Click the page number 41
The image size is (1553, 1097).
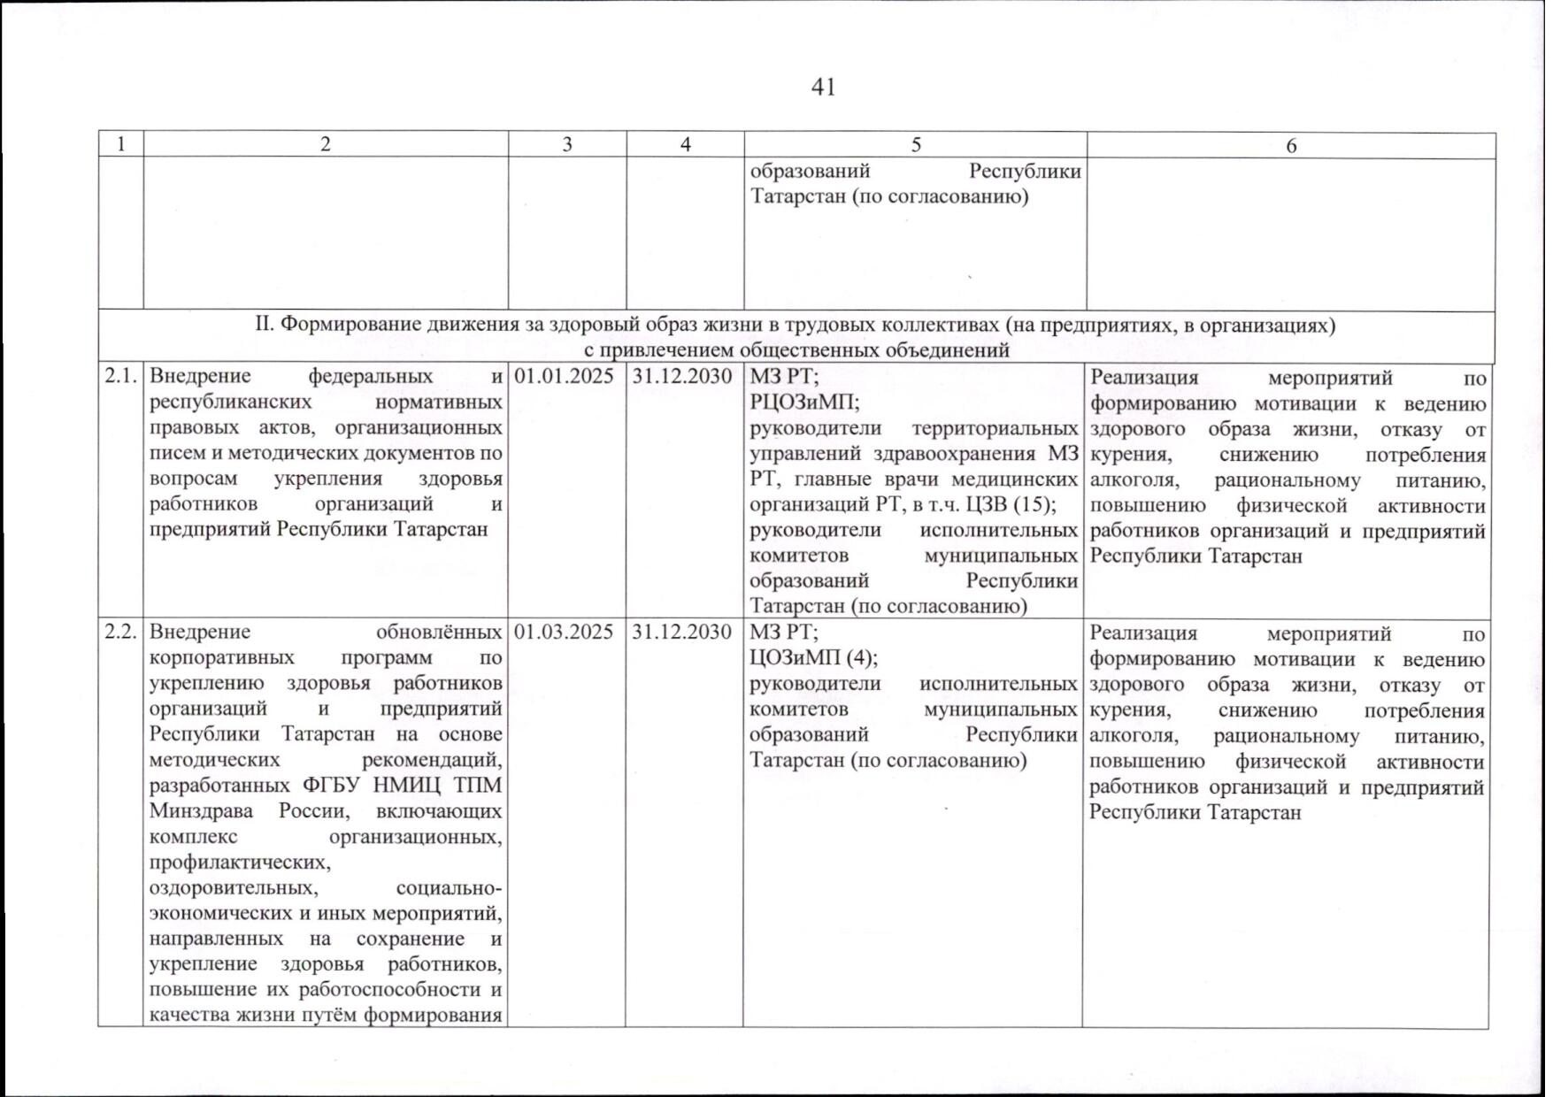coord(823,88)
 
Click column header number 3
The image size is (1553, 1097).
coord(567,145)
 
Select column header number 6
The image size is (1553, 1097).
coord(1291,146)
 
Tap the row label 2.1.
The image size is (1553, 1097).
coord(120,377)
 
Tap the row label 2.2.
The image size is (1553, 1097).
coord(120,633)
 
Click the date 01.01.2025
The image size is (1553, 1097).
coord(565,377)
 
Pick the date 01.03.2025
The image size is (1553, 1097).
coord(565,633)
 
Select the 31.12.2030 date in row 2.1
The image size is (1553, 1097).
coord(682,377)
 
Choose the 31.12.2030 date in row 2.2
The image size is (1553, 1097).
coord(682,633)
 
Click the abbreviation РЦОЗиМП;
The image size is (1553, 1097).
coord(804,403)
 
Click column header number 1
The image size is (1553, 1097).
coord(120,145)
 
